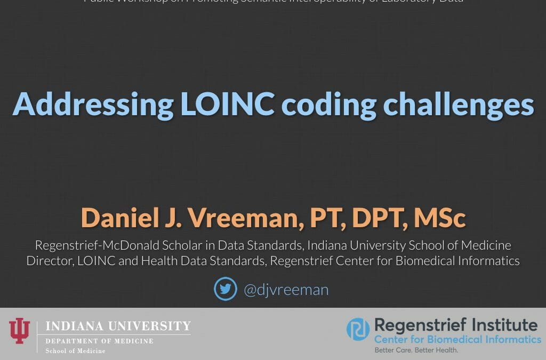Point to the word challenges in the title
[459, 105]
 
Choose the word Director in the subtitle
[49, 261]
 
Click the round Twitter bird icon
[225, 289]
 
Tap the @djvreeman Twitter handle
[286, 290]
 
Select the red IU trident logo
[20, 331]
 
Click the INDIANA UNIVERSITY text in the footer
[118, 326]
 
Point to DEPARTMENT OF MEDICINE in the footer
[99, 341]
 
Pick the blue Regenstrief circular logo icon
[358, 329]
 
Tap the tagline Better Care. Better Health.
[416, 350]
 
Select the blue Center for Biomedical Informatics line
[457, 339]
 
